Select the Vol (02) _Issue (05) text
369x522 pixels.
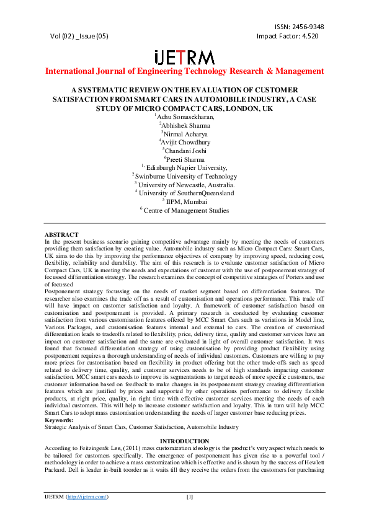coord(79,36)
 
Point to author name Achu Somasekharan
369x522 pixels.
coord(185,116)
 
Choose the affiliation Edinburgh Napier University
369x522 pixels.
coord(185,167)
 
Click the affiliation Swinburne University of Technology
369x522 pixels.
coord(185,176)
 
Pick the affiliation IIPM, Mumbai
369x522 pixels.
coord(185,201)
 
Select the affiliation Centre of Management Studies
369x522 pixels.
coord(185,210)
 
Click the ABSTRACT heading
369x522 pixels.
coord(61,234)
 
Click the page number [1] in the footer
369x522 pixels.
coord(190,497)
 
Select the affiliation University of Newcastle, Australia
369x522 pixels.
coord(185,185)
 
